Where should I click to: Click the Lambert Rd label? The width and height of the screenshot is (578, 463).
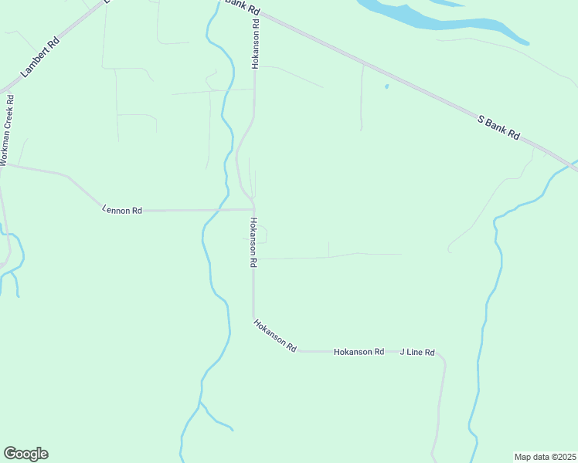click(x=41, y=59)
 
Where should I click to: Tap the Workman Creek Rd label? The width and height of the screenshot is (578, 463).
click(x=8, y=129)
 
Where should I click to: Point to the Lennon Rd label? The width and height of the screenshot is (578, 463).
click(x=122, y=209)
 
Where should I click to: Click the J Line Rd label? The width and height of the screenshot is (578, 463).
click(x=417, y=352)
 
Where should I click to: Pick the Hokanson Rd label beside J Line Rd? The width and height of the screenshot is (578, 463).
click(x=359, y=352)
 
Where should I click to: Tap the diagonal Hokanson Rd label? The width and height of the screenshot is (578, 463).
click(x=274, y=336)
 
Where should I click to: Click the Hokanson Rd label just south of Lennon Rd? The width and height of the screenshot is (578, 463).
click(x=252, y=242)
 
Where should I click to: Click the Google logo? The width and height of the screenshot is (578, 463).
click(x=25, y=454)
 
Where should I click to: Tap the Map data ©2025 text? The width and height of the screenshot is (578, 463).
click(x=545, y=457)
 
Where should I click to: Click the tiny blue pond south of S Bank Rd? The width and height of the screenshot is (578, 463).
click(x=386, y=86)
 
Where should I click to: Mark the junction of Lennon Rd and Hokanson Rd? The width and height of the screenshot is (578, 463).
click(x=253, y=209)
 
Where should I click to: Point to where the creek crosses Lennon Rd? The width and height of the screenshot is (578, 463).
click(x=220, y=209)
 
